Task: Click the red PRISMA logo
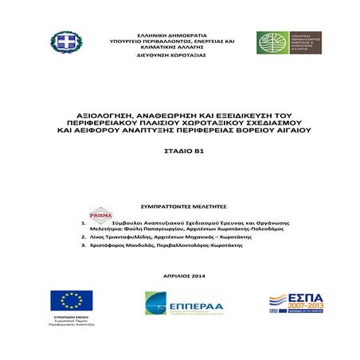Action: tap(100, 213)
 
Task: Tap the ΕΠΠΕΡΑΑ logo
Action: tap(180, 305)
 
